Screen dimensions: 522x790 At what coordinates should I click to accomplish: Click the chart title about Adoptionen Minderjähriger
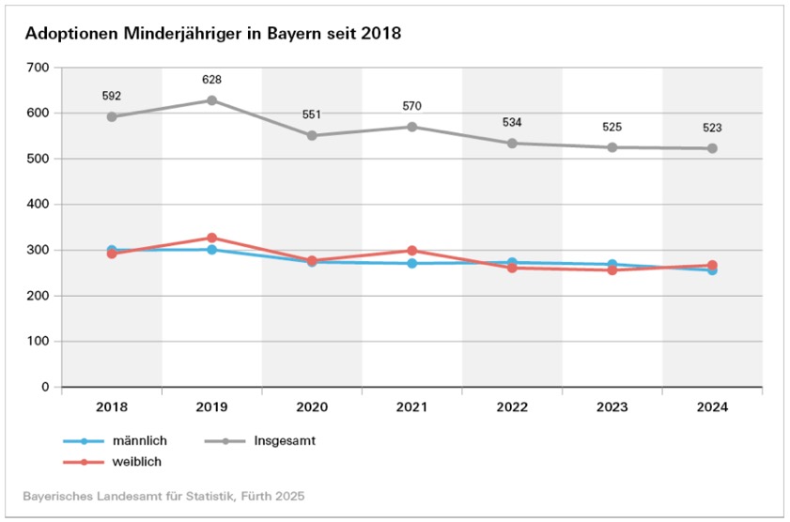(212, 34)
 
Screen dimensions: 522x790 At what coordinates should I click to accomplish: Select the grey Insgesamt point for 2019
(211, 100)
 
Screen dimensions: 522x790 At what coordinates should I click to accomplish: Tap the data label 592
(112, 96)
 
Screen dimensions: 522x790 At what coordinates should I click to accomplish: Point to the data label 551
(312, 115)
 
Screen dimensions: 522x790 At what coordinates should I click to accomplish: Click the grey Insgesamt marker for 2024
(712, 148)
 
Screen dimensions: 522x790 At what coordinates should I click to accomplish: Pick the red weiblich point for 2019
(211, 238)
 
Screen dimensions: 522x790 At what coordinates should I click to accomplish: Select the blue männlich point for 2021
(411, 263)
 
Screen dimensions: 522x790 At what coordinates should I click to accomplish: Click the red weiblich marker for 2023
(612, 269)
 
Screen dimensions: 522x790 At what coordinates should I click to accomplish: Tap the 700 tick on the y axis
(39, 68)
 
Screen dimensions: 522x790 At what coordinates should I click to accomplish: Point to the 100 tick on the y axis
(39, 341)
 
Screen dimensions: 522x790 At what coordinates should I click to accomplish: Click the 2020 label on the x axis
(312, 407)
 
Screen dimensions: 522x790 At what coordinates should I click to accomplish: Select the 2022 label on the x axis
(512, 407)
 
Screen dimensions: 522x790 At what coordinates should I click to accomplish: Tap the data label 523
(712, 128)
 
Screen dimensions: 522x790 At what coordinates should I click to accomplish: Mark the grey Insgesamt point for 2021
(411, 127)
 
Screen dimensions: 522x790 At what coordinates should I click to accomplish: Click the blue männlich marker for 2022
(512, 262)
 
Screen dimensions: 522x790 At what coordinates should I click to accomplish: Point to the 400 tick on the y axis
(39, 204)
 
